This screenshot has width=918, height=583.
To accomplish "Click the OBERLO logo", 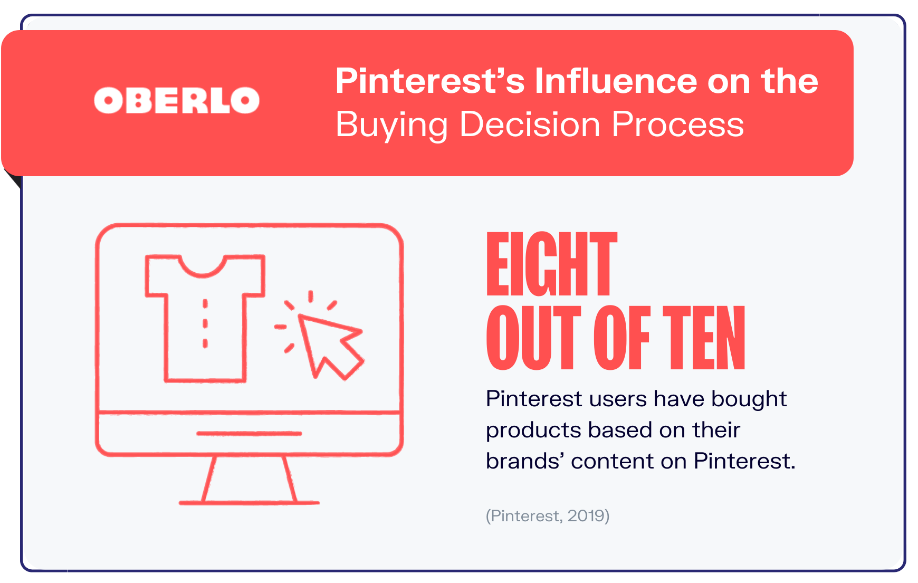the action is (177, 100).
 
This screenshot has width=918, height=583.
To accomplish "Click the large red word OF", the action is (621, 338).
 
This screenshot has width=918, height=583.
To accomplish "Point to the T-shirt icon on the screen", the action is (205, 318).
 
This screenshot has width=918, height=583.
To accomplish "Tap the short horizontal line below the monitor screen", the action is (249, 434).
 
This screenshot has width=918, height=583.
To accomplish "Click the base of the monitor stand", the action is (249, 503).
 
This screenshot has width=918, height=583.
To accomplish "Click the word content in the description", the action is (612, 461).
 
